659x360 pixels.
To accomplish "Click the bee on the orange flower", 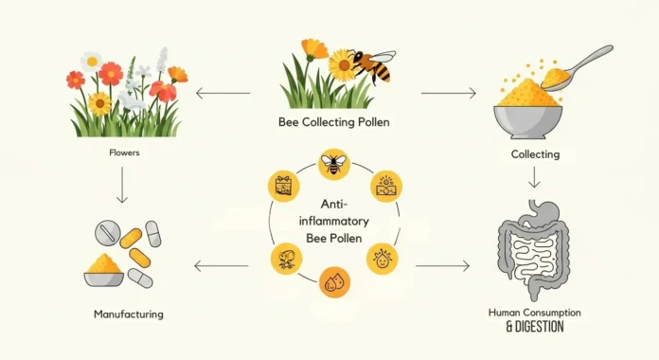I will point(370,65).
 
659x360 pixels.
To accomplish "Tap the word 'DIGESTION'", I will point(535,327).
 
